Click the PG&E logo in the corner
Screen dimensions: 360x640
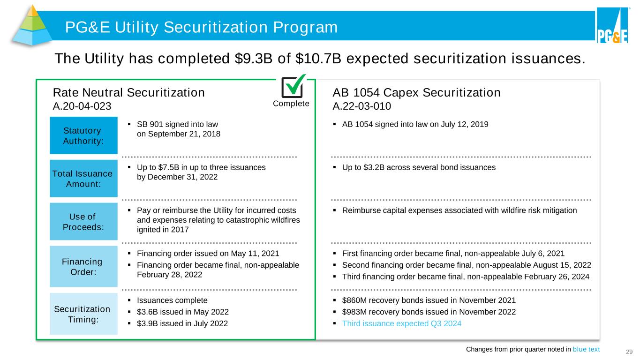coord(612,26)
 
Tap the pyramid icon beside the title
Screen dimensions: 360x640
coord(32,25)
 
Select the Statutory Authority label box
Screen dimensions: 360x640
coord(83,135)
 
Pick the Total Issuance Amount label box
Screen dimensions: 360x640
coord(83,179)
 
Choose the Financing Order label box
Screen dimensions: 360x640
coord(83,266)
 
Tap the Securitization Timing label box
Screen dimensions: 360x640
coord(83,314)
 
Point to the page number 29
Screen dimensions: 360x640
coord(629,352)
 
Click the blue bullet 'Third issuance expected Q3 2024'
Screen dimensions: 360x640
coord(397,323)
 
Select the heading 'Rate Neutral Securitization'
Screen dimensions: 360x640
coord(129,93)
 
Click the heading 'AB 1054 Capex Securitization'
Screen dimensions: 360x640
coord(416,93)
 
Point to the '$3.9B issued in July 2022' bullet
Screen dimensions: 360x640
coord(182,323)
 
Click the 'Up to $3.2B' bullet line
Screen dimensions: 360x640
coord(414,167)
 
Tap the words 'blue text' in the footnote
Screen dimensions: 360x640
coord(586,349)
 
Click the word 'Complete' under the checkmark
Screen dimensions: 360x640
coord(291,104)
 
